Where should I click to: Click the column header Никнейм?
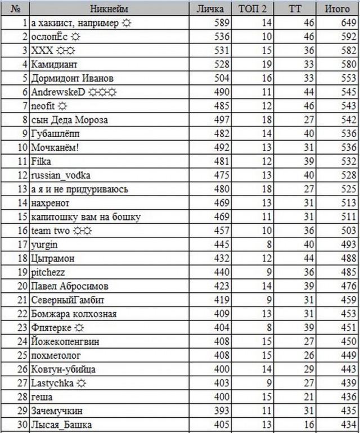[x=109, y=9]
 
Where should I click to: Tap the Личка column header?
[x=210, y=9]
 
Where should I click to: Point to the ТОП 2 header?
[x=254, y=9]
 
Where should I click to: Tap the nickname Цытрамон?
[x=53, y=258]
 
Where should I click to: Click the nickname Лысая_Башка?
[x=61, y=425]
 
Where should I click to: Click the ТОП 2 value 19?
[x=267, y=64]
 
